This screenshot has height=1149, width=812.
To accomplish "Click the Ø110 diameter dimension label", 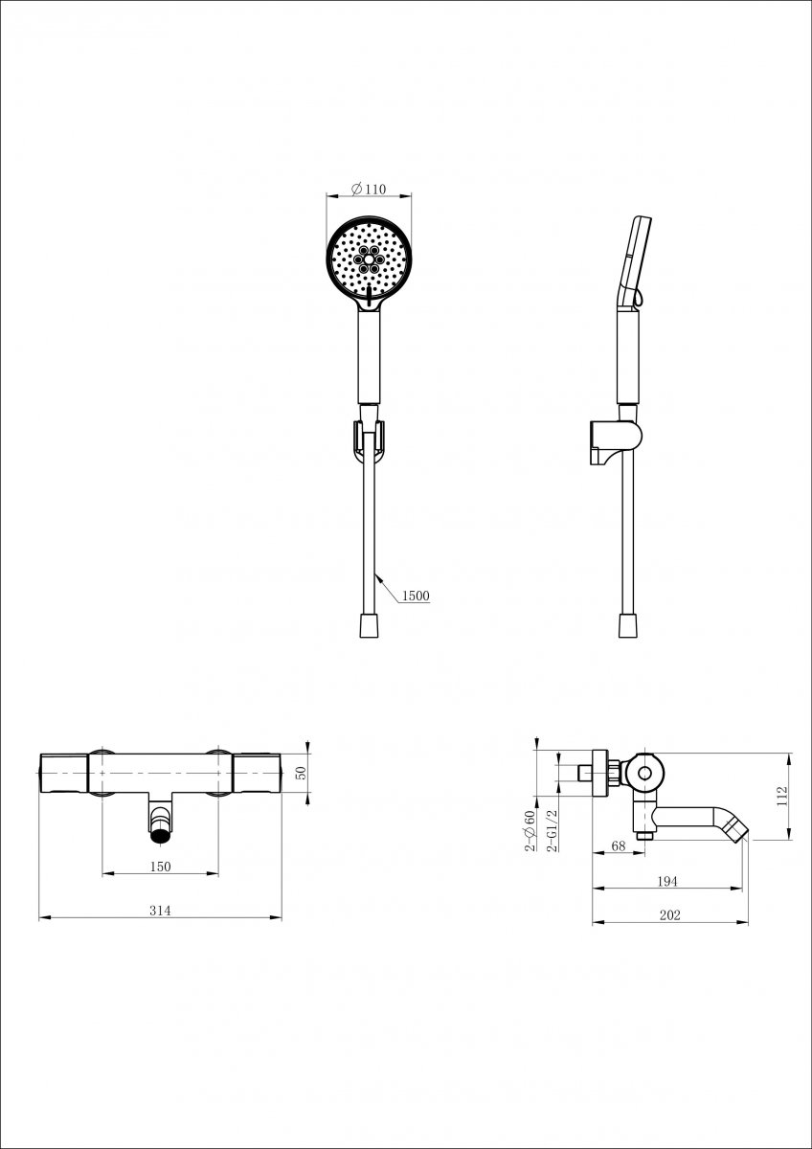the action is (369, 190).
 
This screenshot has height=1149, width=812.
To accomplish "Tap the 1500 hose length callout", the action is (416, 596).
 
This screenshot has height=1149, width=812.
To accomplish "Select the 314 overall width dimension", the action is (160, 911).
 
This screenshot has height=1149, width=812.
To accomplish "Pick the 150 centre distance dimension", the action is (160, 867).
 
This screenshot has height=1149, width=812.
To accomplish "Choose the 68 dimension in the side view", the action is (619, 845).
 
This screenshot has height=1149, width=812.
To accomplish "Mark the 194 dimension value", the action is (666, 881).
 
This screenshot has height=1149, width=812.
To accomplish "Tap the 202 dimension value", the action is (669, 915).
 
